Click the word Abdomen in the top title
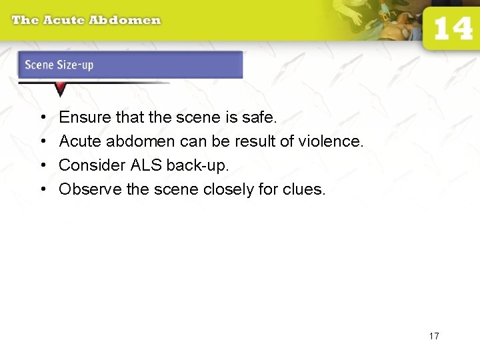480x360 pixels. click(x=125, y=20)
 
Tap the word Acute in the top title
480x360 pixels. click(x=65, y=20)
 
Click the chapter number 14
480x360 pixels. click(x=453, y=29)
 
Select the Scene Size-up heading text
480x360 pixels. click(x=59, y=65)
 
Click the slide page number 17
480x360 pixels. click(x=434, y=336)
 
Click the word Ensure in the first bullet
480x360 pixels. click(x=85, y=118)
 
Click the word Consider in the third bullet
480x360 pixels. click(x=87, y=165)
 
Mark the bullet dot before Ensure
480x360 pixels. click(x=42, y=118)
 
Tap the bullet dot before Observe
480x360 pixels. click(x=42, y=189)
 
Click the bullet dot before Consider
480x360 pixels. click(x=42, y=165)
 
